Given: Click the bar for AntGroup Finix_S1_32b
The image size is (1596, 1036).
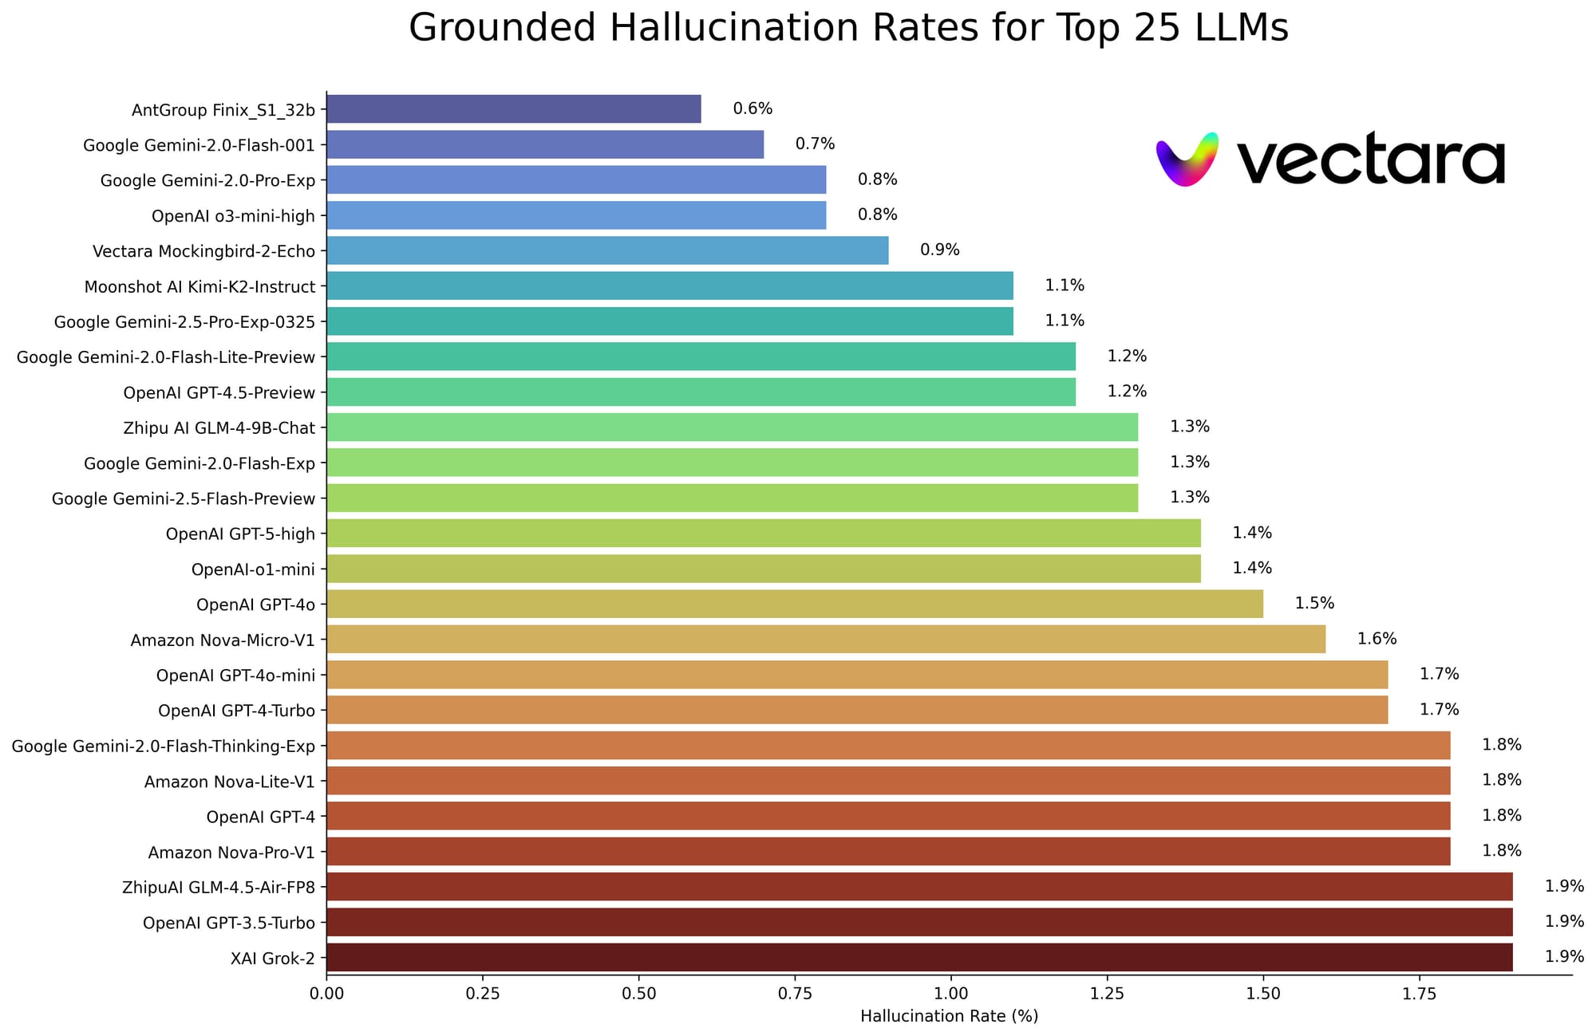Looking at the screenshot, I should point(513,109).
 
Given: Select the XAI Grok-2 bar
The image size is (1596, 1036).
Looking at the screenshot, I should point(919,957).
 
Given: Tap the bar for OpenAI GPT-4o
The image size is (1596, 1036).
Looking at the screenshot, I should point(794,604).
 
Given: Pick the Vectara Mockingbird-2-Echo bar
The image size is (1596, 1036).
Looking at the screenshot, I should point(606,250).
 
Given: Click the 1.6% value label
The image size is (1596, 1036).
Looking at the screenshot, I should point(1377,639).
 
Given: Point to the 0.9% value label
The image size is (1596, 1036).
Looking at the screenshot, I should point(939,250).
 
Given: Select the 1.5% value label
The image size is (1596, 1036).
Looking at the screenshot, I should point(1314,604).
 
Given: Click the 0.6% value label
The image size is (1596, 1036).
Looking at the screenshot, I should point(753,109).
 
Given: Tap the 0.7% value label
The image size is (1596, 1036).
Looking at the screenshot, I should point(815,144).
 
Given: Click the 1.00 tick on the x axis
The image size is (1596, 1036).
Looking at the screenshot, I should point(950,994).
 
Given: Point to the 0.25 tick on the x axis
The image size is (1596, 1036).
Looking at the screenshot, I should point(482,994).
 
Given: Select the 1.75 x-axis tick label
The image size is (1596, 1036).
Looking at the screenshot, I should point(1419,994).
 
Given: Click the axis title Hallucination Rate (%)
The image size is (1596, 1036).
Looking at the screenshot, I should point(949,1016).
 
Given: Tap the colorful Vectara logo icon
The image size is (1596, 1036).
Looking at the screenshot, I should point(1187,159).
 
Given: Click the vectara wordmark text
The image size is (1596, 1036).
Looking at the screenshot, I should point(1369,160).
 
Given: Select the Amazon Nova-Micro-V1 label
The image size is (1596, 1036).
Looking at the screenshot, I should point(223,640).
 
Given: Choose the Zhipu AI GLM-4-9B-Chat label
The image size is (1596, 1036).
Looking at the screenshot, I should point(219,427).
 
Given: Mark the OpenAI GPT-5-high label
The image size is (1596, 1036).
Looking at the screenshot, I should point(240,534).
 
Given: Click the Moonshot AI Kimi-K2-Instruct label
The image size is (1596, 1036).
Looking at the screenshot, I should point(199,286).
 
